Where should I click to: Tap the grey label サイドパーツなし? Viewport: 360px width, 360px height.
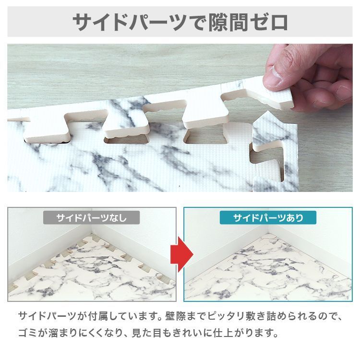click(91, 218)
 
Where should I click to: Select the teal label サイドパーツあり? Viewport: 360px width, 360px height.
click(268, 218)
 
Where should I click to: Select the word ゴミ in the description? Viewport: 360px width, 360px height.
click(28, 332)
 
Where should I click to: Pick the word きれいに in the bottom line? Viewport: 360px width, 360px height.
click(201, 332)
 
